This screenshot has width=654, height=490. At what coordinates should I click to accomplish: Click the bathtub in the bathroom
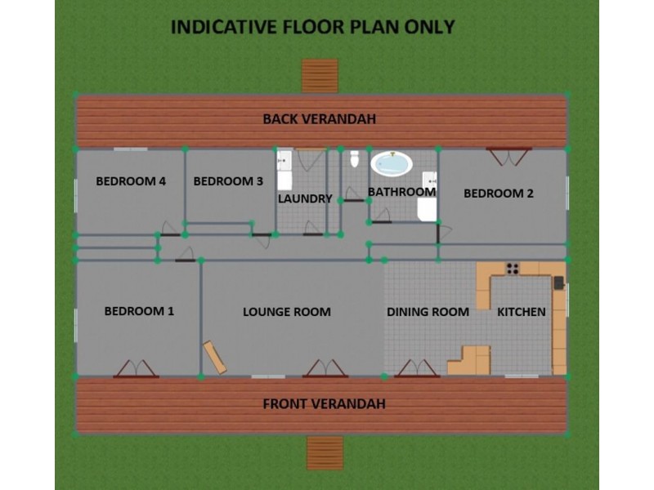coord(391,164)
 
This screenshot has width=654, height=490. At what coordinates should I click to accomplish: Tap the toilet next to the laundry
coord(355,158)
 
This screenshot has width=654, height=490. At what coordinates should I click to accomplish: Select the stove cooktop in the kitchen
coord(513,268)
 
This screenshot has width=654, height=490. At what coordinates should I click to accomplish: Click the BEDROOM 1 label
coord(139,311)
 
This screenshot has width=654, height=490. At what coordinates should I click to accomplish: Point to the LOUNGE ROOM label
coord(286,312)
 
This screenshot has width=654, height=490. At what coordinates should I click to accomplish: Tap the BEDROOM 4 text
coord(131,181)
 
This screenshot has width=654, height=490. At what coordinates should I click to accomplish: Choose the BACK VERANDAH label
coord(319,119)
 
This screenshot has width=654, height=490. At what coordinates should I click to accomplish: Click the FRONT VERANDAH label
coord(324,403)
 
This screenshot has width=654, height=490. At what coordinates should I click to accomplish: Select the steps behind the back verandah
coord(320,76)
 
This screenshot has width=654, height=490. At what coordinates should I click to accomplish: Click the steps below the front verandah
coord(325,452)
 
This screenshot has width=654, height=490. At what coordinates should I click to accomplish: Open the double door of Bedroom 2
coord(508,155)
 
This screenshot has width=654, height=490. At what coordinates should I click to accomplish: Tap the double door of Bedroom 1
coord(136,369)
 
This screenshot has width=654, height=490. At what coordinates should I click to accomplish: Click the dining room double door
coord(417,369)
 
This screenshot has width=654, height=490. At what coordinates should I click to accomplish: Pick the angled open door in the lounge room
coord(216,358)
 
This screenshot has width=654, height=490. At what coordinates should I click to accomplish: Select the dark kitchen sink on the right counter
coord(558,283)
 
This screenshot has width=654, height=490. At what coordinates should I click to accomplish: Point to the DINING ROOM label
coord(428,312)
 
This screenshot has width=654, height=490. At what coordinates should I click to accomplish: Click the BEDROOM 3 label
coord(228,181)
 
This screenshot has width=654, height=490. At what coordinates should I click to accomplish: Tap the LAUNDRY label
coord(305,198)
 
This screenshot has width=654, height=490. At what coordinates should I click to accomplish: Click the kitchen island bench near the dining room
coord(471,361)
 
